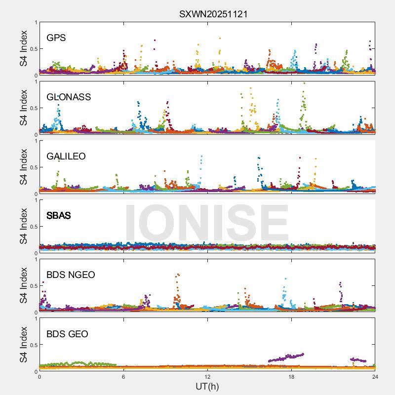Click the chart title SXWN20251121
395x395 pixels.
[x=213, y=14]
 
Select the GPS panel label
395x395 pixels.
[x=56, y=38]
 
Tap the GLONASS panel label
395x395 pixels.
[x=69, y=97]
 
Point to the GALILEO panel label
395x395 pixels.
[x=66, y=157]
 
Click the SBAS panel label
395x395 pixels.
[x=59, y=216]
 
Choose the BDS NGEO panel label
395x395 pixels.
[x=71, y=275]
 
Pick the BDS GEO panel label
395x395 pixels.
[x=67, y=334]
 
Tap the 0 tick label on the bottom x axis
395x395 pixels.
[x=39, y=377]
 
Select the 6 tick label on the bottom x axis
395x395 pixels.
[x=123, y=377]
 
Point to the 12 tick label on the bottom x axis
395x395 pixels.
[x=207, y=377]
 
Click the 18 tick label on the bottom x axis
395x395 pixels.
[x=291, y=377]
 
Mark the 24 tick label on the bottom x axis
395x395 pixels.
[x=375, y=377]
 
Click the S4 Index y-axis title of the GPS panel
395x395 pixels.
[x=24, y=48]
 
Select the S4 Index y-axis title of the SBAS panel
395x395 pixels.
[x=24, y=226]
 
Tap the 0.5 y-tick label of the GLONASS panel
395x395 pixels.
[x=32, y=108]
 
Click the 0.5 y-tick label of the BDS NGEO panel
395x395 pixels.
[x=32, y=286]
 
